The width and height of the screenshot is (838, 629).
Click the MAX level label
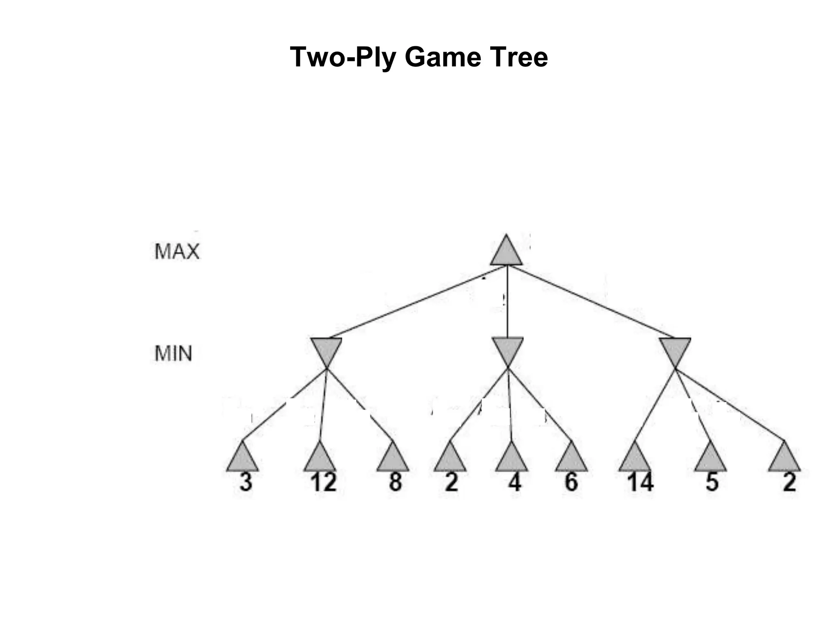(x=177, y=251)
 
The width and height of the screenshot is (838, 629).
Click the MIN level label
(x=173, y=353)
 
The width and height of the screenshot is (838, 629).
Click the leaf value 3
(x=246, y=482)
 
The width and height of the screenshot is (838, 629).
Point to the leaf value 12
(x=323, y=482)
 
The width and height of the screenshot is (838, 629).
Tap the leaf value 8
(x=395, y=482)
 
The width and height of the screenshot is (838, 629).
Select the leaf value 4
(x=514, y=482)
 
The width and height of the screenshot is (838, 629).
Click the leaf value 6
(x=571, y=482)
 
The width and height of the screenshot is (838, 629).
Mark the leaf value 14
(x=640, y=482)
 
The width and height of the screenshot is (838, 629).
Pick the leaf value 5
(x=712, y=482)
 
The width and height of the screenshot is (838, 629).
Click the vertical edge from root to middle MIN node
(x=507, y=303)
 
